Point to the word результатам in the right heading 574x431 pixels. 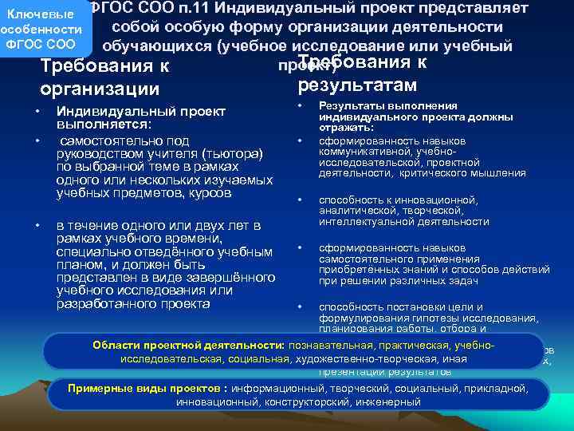[x=357, y=84]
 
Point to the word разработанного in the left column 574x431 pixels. [x=105, y=302]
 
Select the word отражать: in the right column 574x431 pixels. [x=345, y=128]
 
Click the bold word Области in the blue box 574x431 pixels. [x=116, y=345]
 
